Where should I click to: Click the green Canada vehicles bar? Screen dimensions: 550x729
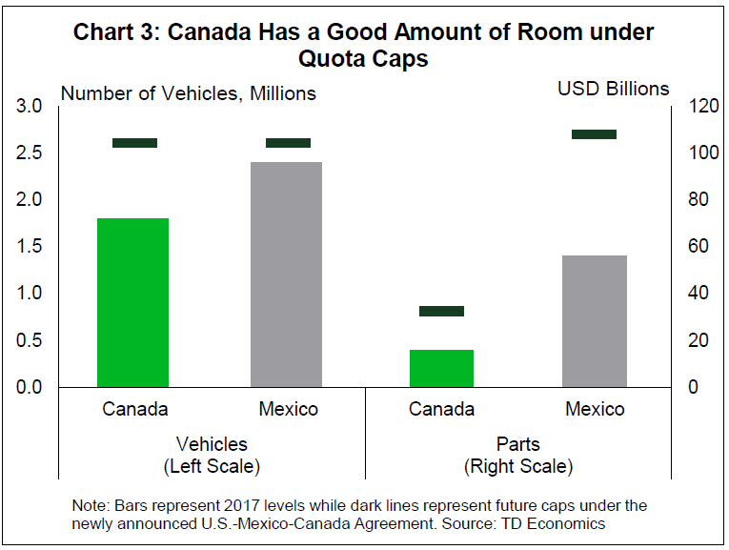click(x=133, y=302)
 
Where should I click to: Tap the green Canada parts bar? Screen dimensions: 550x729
click(x=441, y=368)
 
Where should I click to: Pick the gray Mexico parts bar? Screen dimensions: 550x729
click(x=595, y=320)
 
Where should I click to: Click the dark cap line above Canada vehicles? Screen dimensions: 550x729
click(x=134, y=143)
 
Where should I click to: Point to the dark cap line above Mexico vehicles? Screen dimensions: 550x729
click(x=288, y=143)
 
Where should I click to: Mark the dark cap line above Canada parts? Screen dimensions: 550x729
click(x=441, y=311)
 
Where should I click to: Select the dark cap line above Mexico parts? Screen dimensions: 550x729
click(x=594, y=134)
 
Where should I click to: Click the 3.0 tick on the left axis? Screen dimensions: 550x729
click(x=30, y=106)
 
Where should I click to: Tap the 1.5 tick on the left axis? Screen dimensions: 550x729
click(x=30, y=246)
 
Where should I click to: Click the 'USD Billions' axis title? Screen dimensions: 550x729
click(x=614, y=89)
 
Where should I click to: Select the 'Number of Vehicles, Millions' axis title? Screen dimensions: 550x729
click(x=189, y=93)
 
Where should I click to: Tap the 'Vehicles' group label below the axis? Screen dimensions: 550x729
click(x=212, y=444)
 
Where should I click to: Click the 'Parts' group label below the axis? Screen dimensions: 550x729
click(x=517, y=444)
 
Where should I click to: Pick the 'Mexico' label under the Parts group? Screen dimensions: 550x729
click(x=595, y=409)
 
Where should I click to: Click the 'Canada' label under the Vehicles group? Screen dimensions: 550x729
click(x=135, y=409)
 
